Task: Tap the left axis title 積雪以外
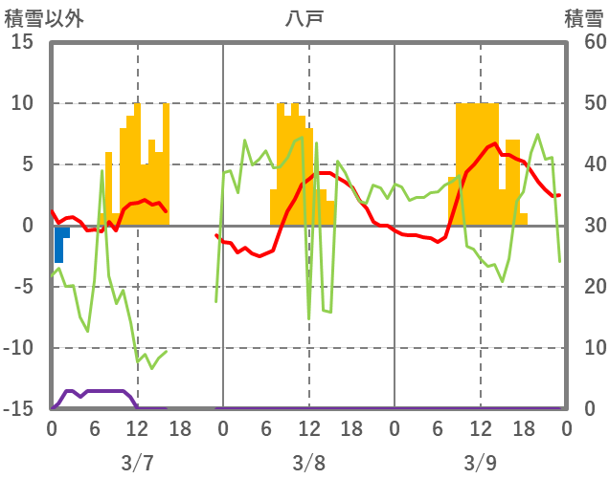(43, 17)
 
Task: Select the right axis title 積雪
(583, 17)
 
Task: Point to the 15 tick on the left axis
(23, 42)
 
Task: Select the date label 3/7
(137, 463)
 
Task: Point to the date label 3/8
(308, 463)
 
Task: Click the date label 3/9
(480, 463)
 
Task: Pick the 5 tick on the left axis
(28, 164)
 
